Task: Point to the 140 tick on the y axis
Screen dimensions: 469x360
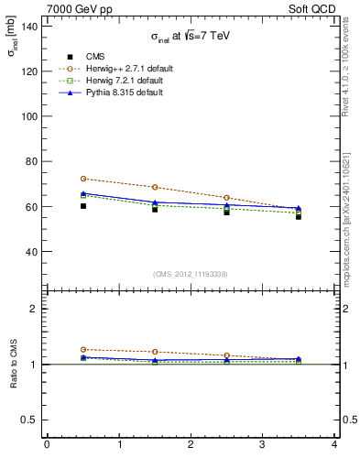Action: tap(32, 26)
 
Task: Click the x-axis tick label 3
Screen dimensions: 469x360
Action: tap(263, 446)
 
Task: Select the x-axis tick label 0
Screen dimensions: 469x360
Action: tap(47, 446)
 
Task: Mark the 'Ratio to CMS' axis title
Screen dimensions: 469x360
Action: tap(14, 364)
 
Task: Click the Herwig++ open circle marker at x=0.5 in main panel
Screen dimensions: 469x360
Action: tap(82, 179)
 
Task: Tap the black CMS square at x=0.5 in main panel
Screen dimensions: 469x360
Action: tap(82, 206)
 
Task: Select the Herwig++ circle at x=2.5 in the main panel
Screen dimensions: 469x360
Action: tap(226, 198)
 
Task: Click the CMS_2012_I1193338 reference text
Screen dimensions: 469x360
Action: tap(191, 274)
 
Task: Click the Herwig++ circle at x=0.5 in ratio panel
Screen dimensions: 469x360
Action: tap(82, 349)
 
